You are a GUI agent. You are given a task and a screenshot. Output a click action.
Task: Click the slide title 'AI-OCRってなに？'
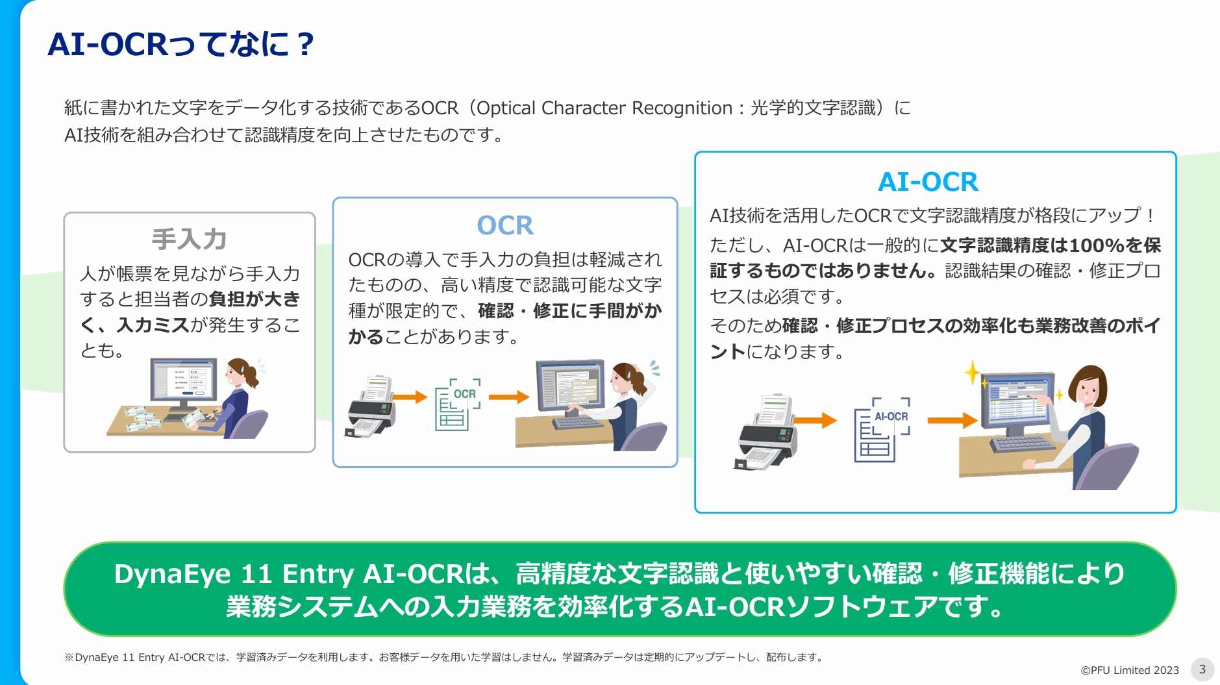pos(181,44)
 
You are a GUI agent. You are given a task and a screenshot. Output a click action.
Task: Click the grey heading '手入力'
pos(189,239)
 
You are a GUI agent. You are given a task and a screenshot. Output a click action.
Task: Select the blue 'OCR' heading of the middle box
pos(504,225)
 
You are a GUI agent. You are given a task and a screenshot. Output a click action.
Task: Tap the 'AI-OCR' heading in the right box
pos(928,182)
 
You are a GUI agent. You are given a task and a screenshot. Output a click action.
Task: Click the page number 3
pos(1202,669)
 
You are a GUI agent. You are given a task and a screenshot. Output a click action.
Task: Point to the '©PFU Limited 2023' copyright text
pos(1129,670)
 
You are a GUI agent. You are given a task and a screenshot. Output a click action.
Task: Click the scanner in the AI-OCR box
pos(767,431)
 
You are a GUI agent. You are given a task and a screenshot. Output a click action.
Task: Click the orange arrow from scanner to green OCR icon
pos(410,397)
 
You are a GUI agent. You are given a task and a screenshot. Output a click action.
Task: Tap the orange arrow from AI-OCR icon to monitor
pos(952,421)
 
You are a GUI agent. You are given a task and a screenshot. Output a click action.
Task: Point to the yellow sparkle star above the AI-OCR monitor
pos(972,373)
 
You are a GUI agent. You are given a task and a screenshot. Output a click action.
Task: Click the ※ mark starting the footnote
pos(69,657)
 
